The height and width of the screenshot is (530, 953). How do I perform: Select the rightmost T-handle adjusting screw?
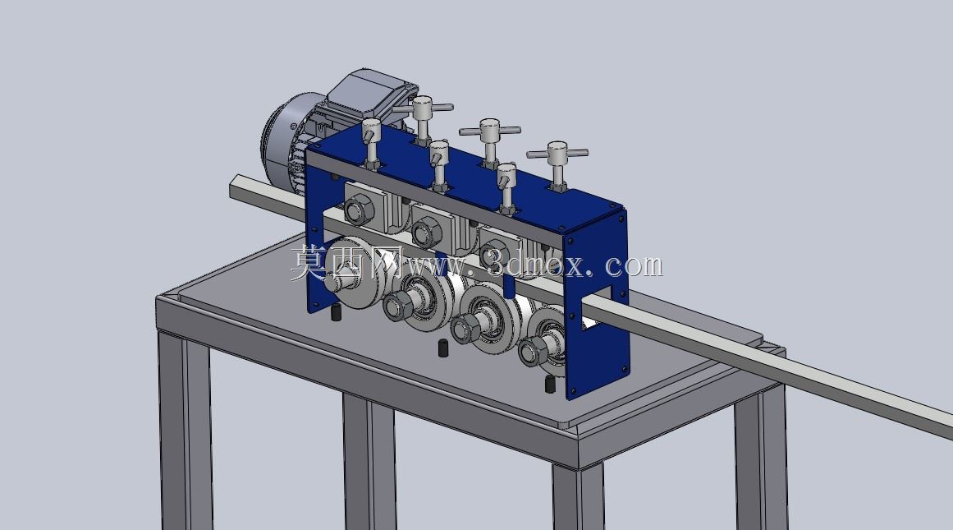click(557, 164)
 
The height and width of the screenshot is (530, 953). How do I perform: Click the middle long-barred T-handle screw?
click(490, 142)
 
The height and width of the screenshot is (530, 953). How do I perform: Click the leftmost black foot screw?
click(335, 312)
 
